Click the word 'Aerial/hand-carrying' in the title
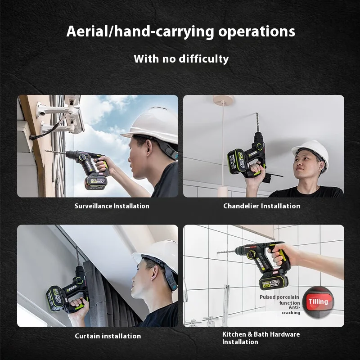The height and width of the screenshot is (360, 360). (x=140, y=31)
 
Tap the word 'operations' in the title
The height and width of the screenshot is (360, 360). (x=256, y=32)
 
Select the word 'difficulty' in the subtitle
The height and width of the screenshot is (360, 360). (x=204, y=59)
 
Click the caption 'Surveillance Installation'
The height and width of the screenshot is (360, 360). (x=112, y=206)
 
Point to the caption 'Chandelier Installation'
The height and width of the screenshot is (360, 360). (x=262, y=206)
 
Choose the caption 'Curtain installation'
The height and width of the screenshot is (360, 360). (x=108, y=336)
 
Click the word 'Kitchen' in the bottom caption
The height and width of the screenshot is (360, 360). (x=234, y=334)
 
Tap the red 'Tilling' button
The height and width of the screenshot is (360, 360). (x=318, y=301)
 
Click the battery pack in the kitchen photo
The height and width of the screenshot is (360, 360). (x=273, y=282)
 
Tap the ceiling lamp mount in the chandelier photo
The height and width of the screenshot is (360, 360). (x=223, y=99)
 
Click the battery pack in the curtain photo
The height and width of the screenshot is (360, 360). (x=56, y=298)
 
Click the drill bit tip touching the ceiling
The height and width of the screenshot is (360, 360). (x=257, y=113)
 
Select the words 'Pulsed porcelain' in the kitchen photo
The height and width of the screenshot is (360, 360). (x=279, y=297)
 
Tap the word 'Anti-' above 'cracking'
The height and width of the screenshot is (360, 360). (x=294, y=307)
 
